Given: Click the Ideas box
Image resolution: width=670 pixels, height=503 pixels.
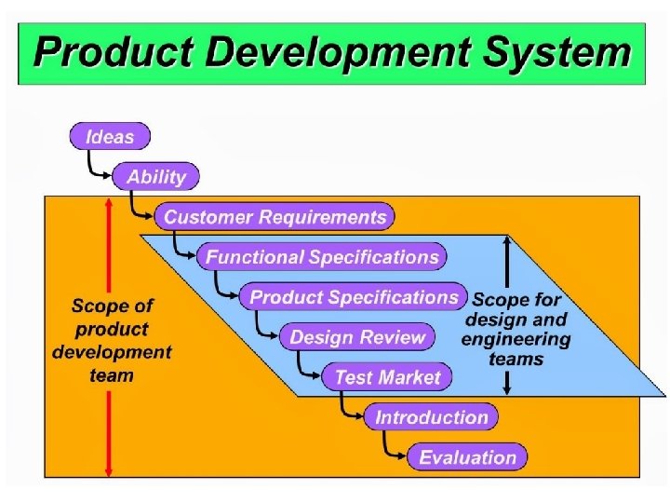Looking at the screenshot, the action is [110, 137].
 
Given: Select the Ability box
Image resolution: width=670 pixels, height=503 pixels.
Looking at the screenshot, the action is [155, 177].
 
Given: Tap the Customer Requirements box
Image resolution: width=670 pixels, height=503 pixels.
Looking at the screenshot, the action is [275, 217].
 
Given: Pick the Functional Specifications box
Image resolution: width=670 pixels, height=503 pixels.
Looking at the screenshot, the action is [321, 257].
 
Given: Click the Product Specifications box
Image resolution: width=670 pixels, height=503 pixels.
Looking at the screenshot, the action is [354, 297].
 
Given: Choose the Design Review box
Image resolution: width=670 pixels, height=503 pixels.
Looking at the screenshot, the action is [357, 337].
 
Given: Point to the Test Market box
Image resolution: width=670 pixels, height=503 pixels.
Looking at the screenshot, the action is [386, 377].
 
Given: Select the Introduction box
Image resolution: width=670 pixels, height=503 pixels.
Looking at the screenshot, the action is [431, 417].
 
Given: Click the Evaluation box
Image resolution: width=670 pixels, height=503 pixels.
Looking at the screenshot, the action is [467, 457].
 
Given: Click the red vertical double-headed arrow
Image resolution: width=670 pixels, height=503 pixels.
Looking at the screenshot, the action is [110, 335].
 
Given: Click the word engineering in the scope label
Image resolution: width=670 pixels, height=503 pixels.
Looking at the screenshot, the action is [516, 338].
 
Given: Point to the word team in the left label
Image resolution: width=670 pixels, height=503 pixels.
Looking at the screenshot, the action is [112, 375].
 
